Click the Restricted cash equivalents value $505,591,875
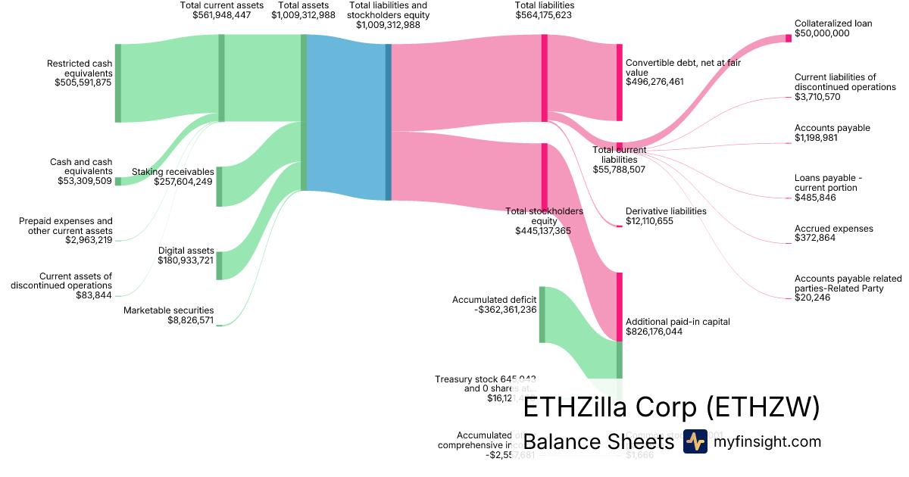click(83, 83)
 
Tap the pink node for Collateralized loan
click(789, 38)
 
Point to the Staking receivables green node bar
click(220, 186)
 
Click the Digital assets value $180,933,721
click(186, 260)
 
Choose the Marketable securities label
click(168, 310)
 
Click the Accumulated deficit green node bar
click(542, 314)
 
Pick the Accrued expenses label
click(834, 229)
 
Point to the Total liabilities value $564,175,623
click(543, 14)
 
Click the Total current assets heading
click(221, 5)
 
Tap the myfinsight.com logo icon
click(695, 441)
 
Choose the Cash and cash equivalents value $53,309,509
click(85, 181)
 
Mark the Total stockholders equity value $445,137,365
click(543, 231)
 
